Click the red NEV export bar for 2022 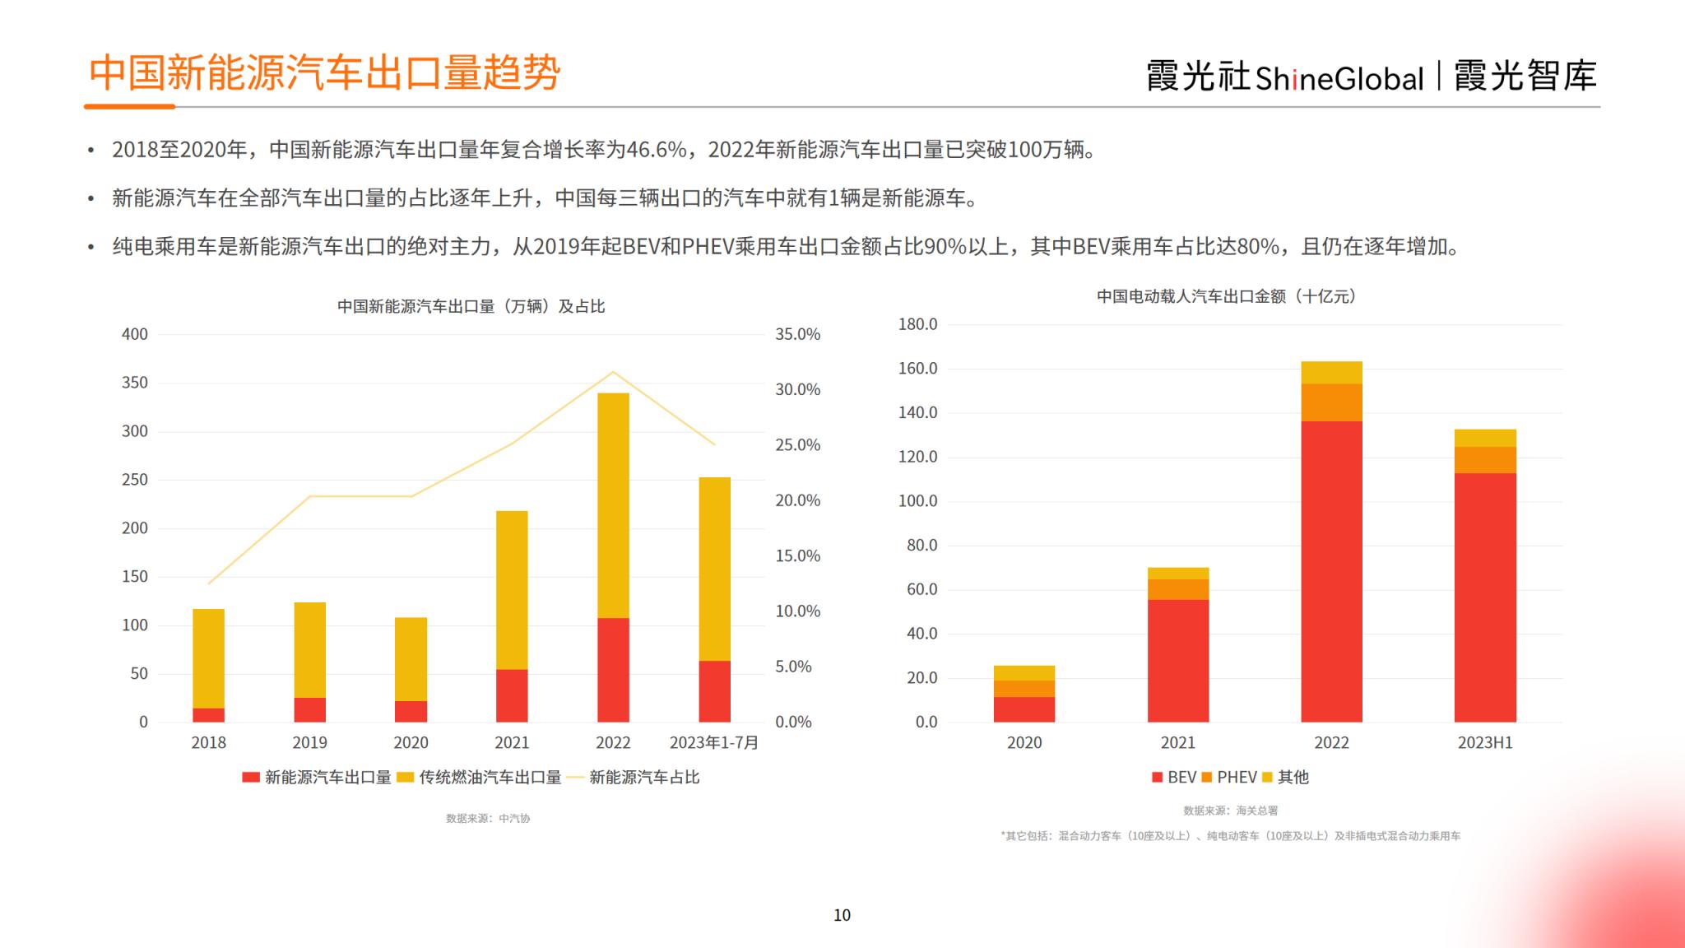(613, 670)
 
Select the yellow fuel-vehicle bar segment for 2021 (512, 590)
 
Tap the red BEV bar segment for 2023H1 (1484, 597)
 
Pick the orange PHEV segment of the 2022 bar (1331, 402)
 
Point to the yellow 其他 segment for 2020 (1024, 673)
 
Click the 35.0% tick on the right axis (797, 334)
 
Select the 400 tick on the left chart (135, 334)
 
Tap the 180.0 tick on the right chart (917, 324)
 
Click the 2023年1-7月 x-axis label (713, 742)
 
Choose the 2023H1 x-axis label (1484, 742)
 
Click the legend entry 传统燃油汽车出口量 (489, 777)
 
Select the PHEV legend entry (1236, 777)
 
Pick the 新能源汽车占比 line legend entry (643, 777)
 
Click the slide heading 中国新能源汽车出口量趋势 (324, 72)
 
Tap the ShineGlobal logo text (1339, 78)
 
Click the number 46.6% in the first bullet (657, 150)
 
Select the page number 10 (842, 915)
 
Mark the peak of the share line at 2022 (613, 372)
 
